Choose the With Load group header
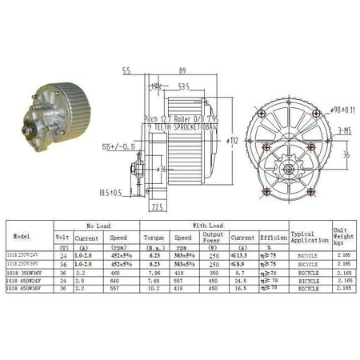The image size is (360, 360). tap(206, 226)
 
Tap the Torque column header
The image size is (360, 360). tap(155, 238)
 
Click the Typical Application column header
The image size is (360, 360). tap(310, 236)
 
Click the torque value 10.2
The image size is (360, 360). tap(155, 288)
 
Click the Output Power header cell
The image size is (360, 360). tap(214, 238)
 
